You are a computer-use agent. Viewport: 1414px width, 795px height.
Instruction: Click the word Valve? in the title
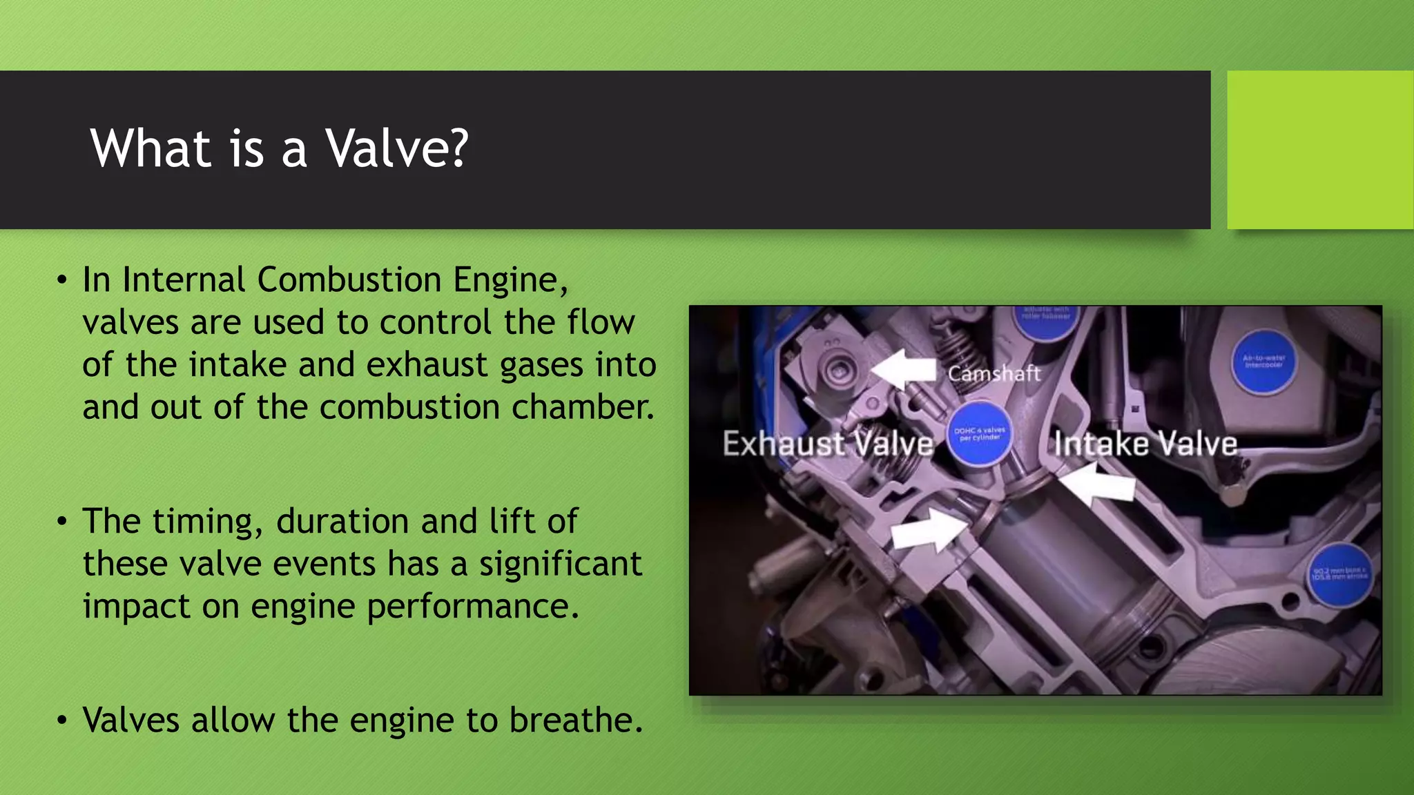397,148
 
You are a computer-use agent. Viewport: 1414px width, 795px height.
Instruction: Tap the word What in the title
151,148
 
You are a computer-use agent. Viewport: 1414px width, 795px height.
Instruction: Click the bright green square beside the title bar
1320,150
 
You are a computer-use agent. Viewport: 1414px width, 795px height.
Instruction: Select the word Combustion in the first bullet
349,280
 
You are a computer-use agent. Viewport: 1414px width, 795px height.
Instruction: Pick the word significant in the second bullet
561,565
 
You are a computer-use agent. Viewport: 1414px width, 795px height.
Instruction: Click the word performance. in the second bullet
473,607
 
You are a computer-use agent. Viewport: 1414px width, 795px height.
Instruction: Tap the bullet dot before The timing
63,522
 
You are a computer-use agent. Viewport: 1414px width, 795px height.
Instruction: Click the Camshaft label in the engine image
994,373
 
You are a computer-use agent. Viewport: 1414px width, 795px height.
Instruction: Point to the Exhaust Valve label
827,444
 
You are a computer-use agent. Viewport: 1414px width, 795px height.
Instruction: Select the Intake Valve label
1145,444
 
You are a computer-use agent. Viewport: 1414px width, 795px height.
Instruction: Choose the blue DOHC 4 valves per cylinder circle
979,435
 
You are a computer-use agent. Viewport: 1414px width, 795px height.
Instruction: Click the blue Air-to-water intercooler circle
1263,361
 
